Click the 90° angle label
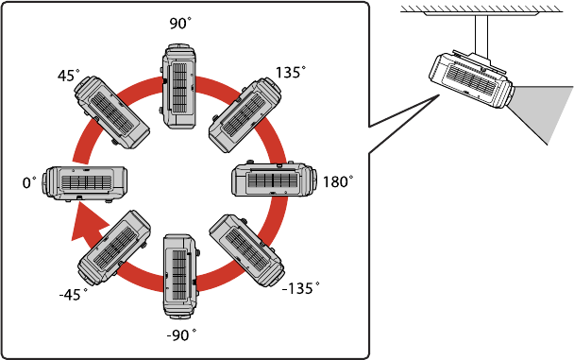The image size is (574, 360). (180, 24)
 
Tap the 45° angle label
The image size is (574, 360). (69, 76)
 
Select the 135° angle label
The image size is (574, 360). (290, 72)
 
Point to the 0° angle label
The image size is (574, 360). (29, 182)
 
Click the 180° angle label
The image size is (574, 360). (338, 181)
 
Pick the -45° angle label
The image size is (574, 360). (74, 294)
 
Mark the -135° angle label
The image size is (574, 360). (300, 288)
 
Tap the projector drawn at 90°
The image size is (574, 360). (179, 86)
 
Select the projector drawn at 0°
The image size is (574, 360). (85, 182)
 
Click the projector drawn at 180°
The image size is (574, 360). (274, 180)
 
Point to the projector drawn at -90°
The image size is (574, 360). (179, 275)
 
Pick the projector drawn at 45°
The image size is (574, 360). (112, 112)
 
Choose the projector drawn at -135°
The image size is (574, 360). (247, 250)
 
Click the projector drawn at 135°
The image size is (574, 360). (245, 114)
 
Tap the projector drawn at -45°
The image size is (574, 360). (114, 248)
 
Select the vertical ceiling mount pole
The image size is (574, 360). (481, 36)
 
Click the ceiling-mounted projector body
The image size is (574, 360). (471, 80)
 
